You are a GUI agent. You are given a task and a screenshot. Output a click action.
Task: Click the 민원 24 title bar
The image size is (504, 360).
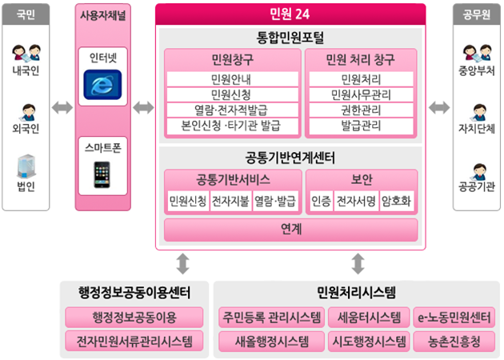(290, 14)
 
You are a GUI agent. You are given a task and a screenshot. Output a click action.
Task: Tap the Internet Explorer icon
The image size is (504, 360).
(102, 84)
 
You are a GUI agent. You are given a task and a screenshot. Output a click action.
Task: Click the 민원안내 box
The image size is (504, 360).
(230, 79)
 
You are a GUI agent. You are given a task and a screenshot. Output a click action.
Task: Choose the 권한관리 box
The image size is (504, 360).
(360, 110)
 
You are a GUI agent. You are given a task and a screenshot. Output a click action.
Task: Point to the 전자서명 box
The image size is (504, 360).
(356, 201)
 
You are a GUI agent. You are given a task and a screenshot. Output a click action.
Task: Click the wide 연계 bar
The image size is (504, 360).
(290, 230)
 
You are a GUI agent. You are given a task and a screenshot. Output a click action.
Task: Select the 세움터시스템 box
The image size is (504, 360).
(369, 318)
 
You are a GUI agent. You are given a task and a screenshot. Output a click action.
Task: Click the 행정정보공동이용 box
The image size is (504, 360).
(134, 318)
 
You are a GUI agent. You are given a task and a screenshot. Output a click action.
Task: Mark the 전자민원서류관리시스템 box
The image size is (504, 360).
(134, 343)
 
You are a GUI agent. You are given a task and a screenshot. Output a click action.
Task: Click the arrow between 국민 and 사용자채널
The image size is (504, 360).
(62, 107)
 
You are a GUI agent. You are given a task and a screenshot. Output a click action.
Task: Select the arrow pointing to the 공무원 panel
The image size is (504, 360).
(439, 107)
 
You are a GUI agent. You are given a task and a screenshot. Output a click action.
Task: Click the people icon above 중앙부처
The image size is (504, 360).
(478, 54)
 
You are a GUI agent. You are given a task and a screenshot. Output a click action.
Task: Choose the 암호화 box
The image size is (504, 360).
(397, 201)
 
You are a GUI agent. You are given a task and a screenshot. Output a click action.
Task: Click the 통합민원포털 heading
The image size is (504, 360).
(290, 37)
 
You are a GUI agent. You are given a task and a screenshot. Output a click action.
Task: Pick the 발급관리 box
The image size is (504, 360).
(360, 126)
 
